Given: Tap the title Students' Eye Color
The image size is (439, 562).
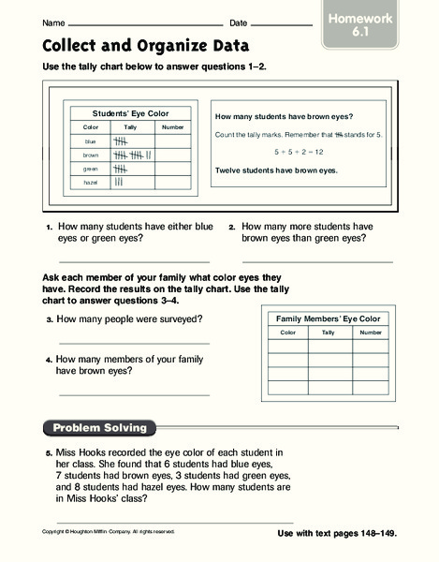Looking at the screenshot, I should tap(130, 112).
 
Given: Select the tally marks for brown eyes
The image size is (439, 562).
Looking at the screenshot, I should tap(124, 155).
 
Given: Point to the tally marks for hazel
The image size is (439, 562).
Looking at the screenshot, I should tap(119, 183).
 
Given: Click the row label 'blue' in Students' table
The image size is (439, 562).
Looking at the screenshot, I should tap(91, 140).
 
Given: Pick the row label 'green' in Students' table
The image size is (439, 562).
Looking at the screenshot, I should tap(91, 169).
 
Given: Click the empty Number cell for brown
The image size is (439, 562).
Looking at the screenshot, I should tap(173, 155).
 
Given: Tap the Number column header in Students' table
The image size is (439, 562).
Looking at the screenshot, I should tap(173, 126).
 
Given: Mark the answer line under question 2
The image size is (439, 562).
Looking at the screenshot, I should tap(316, 261).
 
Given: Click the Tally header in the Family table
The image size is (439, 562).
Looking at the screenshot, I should tap(328, 333).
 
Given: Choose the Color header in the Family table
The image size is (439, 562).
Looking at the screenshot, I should tap(288, 333).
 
